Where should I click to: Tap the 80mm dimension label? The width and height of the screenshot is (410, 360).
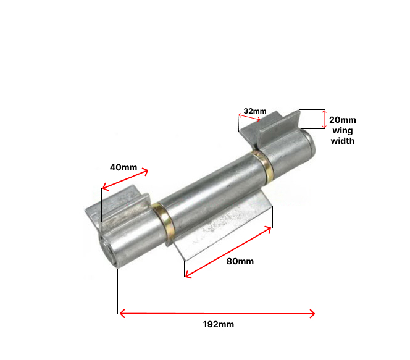point(240,261)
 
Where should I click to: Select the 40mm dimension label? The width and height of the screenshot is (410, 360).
point(123,167)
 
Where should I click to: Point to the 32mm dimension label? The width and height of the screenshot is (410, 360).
point(254,111)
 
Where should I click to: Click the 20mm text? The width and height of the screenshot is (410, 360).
point(342,120)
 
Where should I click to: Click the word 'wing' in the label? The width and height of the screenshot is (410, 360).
point(342,130)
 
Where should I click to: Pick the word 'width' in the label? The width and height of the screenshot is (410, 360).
point(342,141)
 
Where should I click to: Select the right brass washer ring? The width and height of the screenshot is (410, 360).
point(264,165)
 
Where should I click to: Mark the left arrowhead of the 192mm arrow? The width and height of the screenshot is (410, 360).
point(122,314)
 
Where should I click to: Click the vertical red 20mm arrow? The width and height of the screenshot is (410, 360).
point(324,119)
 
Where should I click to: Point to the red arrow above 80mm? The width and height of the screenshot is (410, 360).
point(228,252)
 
